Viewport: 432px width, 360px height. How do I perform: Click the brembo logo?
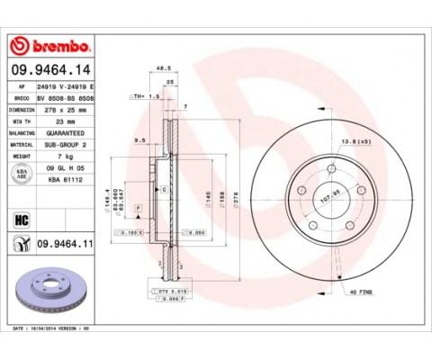pyautogui.click(x=51, y=46)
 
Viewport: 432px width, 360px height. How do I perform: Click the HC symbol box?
pyautogui.click(x=21, y=217)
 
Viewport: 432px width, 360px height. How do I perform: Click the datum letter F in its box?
pyautogui.click(x=138, y=209)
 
